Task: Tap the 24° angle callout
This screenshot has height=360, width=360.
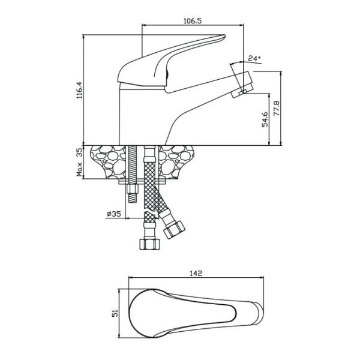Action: tap(254, 58)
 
